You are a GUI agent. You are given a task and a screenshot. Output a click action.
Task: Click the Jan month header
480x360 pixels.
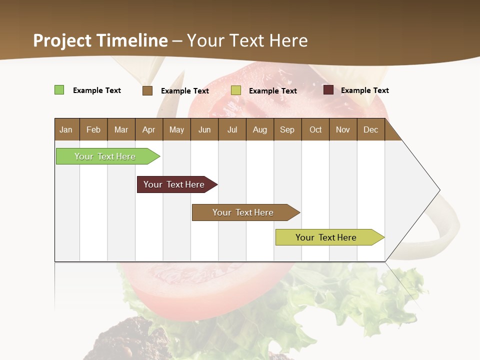pyautogui.click(x=66, y=129)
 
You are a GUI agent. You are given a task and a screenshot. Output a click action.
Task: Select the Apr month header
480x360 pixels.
pyautogui.click(x=149, y=129)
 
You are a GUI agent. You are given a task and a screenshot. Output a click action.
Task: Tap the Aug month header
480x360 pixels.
pyautogui.click(x=260, y=129)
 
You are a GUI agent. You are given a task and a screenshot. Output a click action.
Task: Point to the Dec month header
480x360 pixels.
pyautogui.click(x=371, y=129)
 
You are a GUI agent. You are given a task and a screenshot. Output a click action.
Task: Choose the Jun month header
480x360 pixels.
pyautogui.click(x=204, y=129)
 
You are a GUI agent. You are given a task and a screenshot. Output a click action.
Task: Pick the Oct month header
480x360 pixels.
pyautogui.click(x=315, y=129)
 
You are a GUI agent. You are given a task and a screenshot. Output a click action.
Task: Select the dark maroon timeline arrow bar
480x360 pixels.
pyautogui.click(x=175, y=184)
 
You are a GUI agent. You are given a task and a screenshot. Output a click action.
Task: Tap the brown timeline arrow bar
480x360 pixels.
pyautogui.click(x=244, y=212)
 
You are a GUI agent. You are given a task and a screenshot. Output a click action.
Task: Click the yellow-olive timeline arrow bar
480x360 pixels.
pyautogui.click(x=327, y=237)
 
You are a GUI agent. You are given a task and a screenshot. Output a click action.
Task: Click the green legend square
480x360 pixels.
pyautogui.click(x=59, y=90)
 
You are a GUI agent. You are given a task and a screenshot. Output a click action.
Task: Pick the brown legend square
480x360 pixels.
pyautogui.click(x=147, y=90)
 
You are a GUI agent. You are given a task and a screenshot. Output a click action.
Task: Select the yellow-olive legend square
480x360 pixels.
pyautogui.click(x=236, y=90)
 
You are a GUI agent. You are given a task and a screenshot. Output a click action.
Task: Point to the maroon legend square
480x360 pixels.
pyautogui.click(x=328, y=90)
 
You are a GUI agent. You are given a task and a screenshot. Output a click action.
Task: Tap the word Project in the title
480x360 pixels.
pyautogui.click(x=62, y=40)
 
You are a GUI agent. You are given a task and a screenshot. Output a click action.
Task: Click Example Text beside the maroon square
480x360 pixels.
pyautogui.click(x=365, y=90)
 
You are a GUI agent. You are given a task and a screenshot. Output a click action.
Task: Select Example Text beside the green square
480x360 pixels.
pyautogui.click(x=97, y=90)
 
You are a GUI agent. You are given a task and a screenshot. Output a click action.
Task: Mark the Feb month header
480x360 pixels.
pyautogui.click(x=93, y=129)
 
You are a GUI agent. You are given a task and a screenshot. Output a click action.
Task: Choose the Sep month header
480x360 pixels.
pyautogui.click(x=287, y=129)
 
